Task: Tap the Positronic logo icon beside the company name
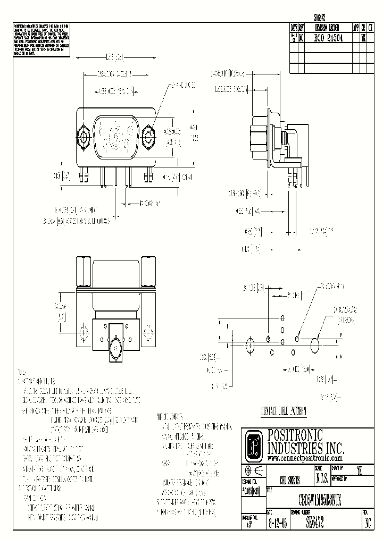pyautogui.click(x=255, y=445)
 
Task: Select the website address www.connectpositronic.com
pyautogui.click(x=304, y=458)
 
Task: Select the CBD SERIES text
pyautogui.click(x=289, y=479)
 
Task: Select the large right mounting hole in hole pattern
pyautogui.click(x=315, y=346)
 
